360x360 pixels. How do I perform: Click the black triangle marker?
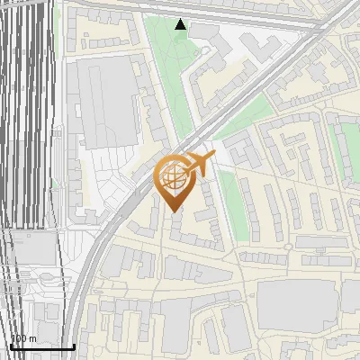(181, 25)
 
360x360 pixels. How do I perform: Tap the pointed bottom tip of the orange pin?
(174, 211)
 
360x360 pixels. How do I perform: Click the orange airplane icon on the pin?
(202, 164)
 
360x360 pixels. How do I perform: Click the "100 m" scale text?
(23, 338)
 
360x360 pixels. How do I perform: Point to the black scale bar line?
(41, 346)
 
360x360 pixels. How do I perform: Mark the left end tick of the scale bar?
(10, 346)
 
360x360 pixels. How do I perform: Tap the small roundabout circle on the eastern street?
(287, 245)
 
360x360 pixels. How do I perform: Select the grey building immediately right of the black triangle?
(202, 32)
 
